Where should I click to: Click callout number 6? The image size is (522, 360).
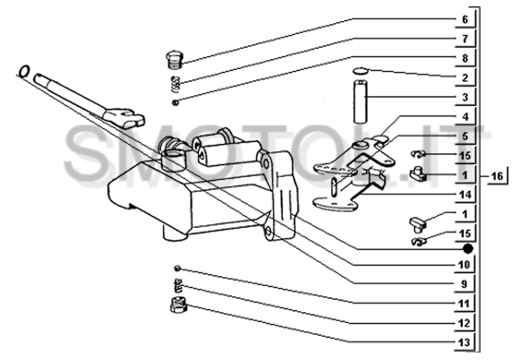coord(465,19)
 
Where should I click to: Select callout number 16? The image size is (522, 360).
coord(497,175)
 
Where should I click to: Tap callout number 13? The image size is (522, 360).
coord(464,342)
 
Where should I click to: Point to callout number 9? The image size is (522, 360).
coord(465,284)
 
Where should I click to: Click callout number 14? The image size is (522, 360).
coord(465,194)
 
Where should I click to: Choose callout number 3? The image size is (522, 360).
coord(465,97)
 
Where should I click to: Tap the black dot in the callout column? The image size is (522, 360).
coord(468,248)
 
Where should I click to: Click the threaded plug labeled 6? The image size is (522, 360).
coord(174,60)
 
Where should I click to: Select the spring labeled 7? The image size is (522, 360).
coord(175,85)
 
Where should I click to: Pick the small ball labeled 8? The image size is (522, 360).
coord(176,102)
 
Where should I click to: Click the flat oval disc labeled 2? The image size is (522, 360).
coord(360,70)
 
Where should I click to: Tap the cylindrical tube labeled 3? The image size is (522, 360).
coord(360,102)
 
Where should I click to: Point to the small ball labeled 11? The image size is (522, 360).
coord(178,268)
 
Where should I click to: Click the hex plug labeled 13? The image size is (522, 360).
coord(178,305)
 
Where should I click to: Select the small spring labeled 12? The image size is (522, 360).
coord(179,285)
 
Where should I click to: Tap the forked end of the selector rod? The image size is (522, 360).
coord(124,118)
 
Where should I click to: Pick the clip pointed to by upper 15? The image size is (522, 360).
coord(418,154)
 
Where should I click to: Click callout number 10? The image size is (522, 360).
coord(464,264)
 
